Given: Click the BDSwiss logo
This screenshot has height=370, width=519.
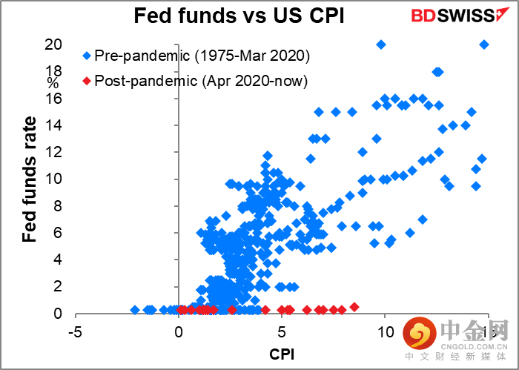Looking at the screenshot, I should (x=456, y=16).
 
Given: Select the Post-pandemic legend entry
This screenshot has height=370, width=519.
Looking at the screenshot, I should (x=197, y=79).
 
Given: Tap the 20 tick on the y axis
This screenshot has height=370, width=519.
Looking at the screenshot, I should (x=54, y=44).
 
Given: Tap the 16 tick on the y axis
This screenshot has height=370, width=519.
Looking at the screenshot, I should (x=54, y=99).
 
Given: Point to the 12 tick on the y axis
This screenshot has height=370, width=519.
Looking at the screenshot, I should (x=54, y=152).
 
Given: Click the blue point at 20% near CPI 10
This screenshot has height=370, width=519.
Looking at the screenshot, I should (x=381, y=44).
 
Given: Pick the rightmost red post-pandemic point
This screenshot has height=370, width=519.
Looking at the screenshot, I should (x=354, y=307).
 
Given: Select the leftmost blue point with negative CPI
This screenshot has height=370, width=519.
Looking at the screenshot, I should (x=135, y=310).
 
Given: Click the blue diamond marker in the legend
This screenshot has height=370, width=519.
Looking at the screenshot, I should (x=86, y=55).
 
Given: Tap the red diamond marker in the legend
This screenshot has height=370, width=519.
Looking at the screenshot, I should (x=86, y=80).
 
